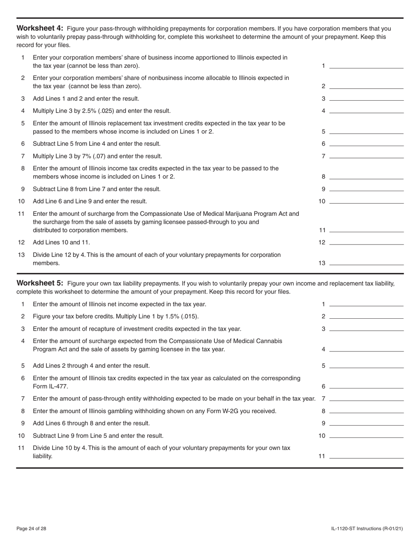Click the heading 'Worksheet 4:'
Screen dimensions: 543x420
point(40,29)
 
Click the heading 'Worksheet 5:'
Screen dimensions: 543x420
point(40,283)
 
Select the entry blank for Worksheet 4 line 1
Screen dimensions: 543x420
point(366,66)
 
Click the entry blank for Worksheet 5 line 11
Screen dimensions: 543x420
point(366,456)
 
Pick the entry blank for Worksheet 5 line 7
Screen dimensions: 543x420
point(366,399)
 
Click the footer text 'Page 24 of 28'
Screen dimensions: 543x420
point(31,529)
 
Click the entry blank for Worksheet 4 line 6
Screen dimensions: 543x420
point(366,144)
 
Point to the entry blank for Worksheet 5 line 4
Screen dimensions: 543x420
point(366,349)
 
